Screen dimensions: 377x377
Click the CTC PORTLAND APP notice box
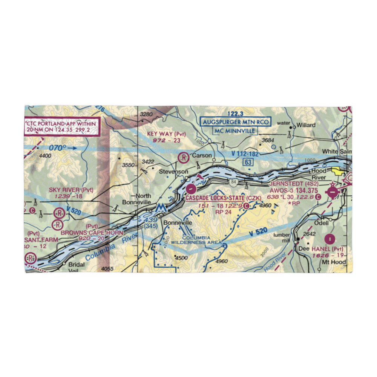62,127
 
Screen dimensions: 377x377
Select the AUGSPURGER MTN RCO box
236,122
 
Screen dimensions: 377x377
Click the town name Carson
202,155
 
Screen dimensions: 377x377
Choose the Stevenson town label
173,172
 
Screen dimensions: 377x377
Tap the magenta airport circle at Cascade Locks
191,187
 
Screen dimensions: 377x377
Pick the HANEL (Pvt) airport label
327,249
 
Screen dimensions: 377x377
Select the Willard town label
305,125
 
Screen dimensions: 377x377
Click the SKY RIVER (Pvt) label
71,190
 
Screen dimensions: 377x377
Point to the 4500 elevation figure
181,258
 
